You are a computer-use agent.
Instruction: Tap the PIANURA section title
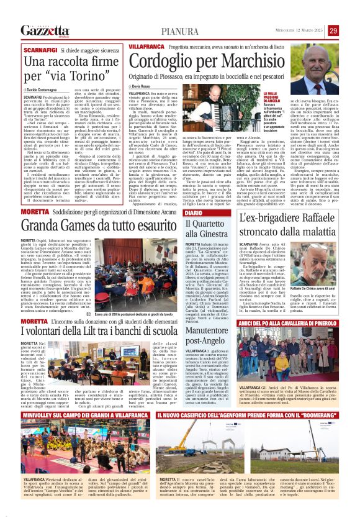pos(180,30)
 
